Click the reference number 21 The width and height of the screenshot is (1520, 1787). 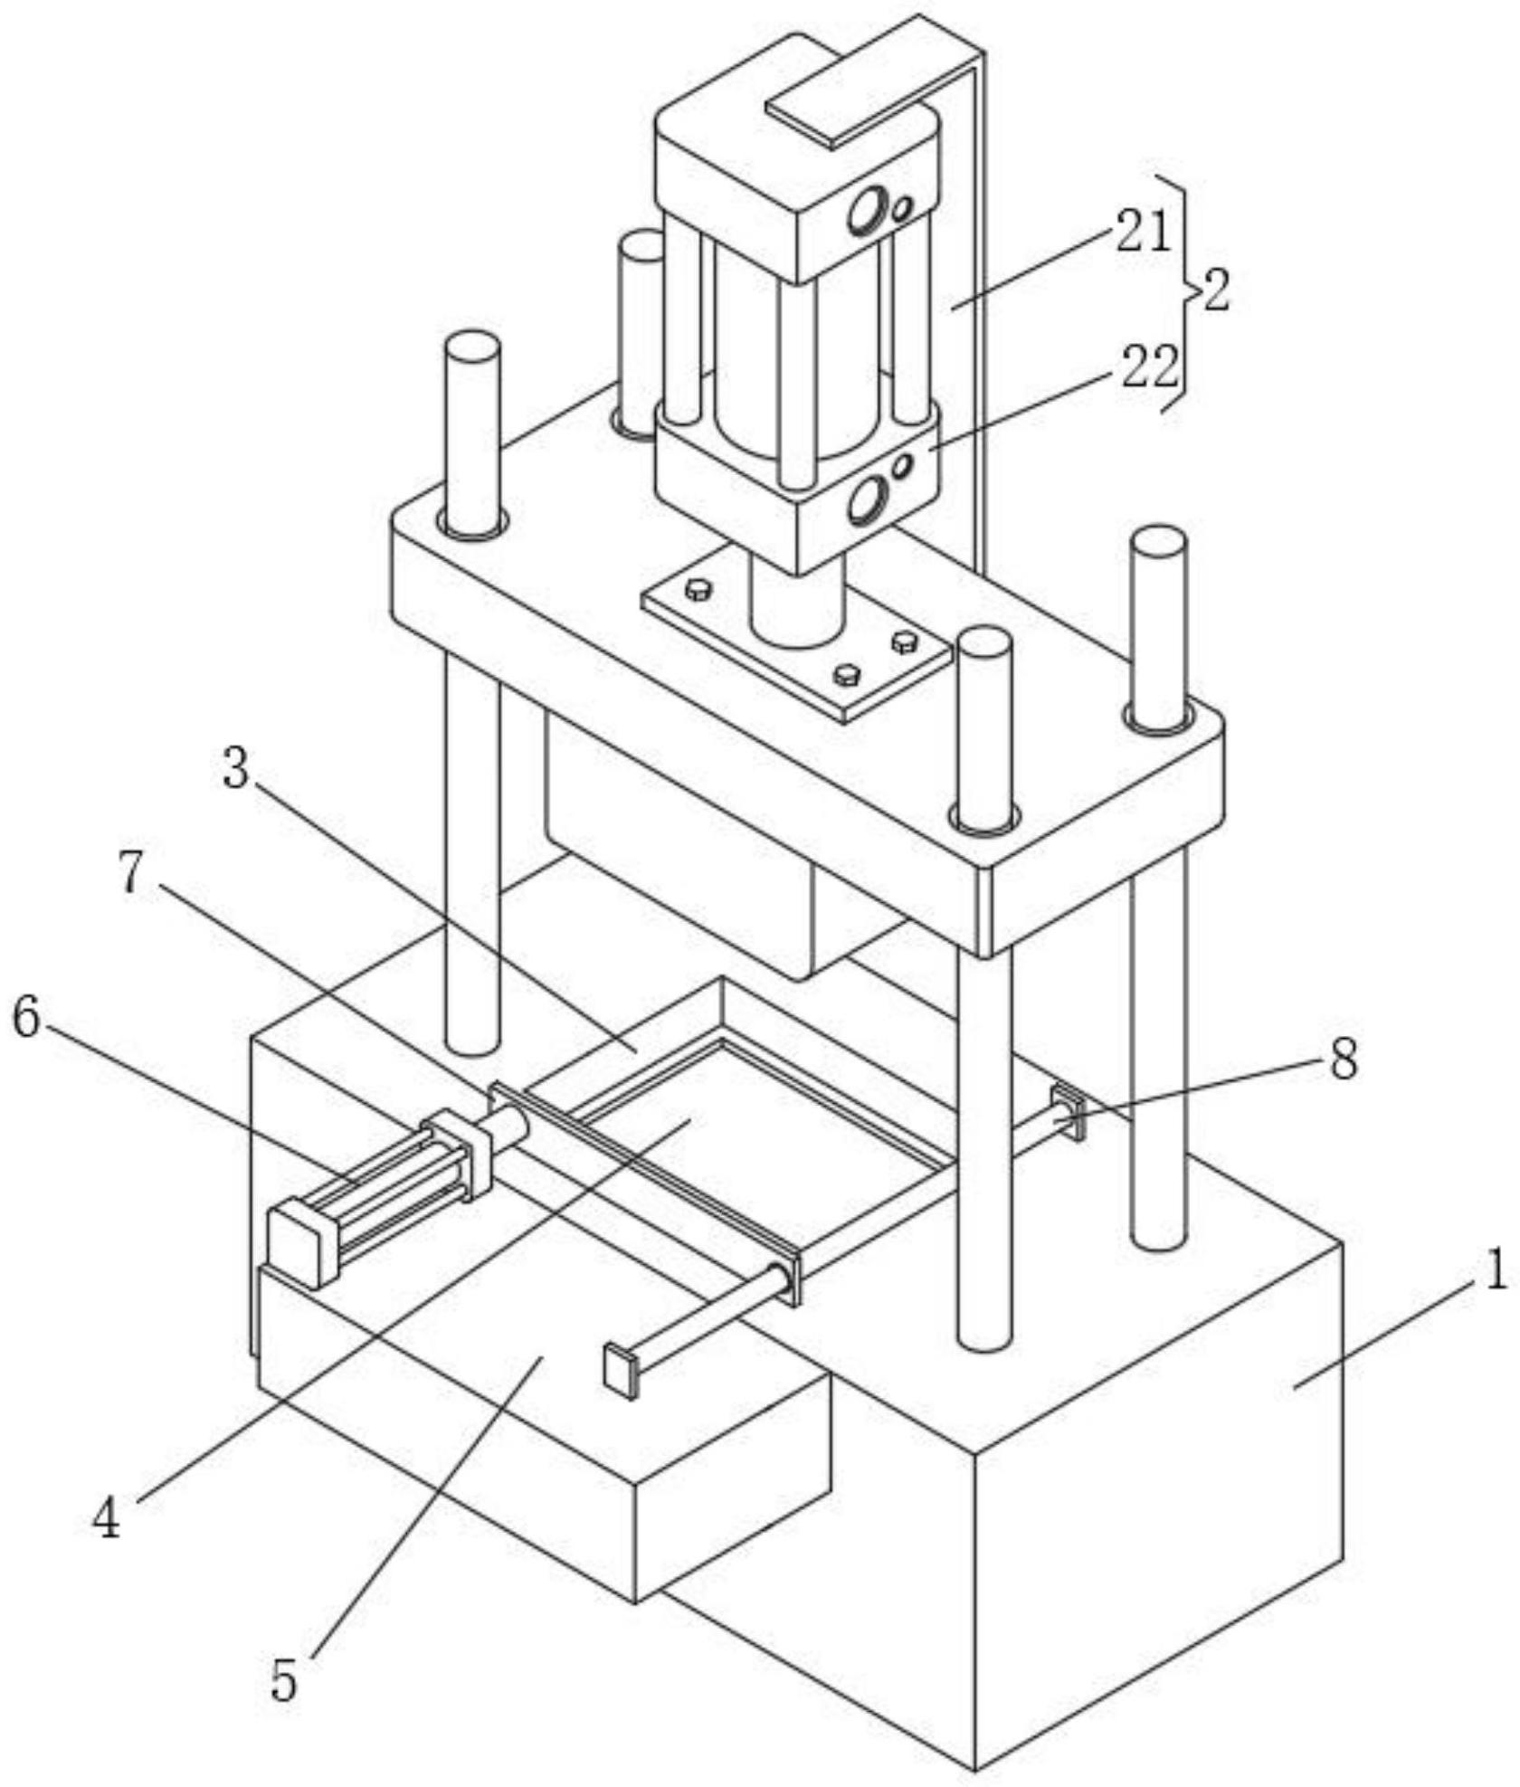click(x=1144, y=231)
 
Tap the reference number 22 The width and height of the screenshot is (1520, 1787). click(x=1151, y=367)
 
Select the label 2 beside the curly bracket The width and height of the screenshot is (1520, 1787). click(x=1217, y=291)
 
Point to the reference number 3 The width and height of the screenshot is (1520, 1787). click(x=235, y=770)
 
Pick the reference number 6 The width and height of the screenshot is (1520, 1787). click(x=26, y=1019)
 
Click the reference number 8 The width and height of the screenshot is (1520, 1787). click(x=1344, y=1059)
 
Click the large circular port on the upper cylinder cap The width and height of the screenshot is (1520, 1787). click(x=867, y=210)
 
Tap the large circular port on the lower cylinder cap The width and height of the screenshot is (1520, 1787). click(x=867, y=502)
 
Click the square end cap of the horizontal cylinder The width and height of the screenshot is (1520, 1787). click(x=298, y=1242)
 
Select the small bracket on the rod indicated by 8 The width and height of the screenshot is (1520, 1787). click(x=1069, y=1112)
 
